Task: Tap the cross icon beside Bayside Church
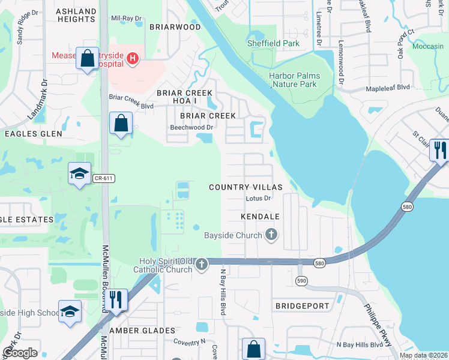271,235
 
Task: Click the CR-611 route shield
103,178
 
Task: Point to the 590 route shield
302,280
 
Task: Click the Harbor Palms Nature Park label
294,80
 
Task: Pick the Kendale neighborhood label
261,215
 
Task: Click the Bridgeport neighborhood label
302,306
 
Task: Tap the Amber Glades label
142,331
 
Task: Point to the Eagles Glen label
34,134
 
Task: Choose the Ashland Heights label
76,16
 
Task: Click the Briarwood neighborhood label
175,27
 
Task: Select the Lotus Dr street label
259,198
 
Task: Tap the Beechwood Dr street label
192,127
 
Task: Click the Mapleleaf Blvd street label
388,88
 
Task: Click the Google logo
20,353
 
